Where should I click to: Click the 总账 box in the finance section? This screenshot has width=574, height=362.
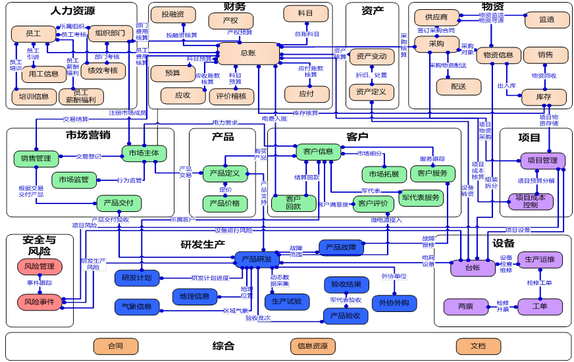click(x=248, y=53)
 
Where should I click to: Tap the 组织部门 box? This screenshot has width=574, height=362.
click(x=110, y=34)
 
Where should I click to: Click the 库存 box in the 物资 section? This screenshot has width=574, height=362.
click(x=544, y=97)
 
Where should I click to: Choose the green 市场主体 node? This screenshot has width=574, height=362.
click(x=143, y=153)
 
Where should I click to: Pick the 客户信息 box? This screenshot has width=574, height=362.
click(x=318, y=152)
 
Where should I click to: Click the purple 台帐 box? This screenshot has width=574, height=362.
click(x=473, y=267)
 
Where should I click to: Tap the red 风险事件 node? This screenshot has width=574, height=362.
click(x=39, y=301)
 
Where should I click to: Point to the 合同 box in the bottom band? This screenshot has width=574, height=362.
click(x=115, y=346)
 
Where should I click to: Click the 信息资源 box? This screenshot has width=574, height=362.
click(x=313, y=346)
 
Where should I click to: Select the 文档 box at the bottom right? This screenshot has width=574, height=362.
click(x=478, y=346)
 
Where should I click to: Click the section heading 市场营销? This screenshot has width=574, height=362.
click(x=88, y=135)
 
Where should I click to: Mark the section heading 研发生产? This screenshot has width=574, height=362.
click(x=203, y=244)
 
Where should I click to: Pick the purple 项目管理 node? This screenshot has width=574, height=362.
click(x=543, y=161)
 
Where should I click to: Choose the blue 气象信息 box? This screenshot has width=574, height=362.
click(x=136, y=306)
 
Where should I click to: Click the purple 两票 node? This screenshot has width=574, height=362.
click(x=465, y=307)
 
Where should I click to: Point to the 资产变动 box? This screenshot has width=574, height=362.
click(x=371, y=57)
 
